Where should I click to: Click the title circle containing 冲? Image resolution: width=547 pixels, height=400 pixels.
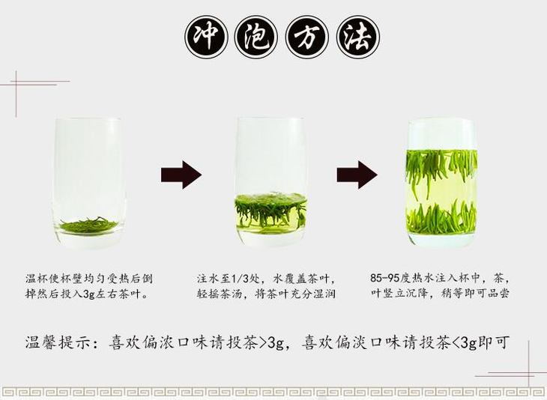[206, 37]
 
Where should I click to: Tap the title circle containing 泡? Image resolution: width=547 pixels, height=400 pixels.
[257, 37]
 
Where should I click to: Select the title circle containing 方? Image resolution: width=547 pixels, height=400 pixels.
[307, 37]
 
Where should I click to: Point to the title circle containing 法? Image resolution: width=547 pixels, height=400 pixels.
[358, 37]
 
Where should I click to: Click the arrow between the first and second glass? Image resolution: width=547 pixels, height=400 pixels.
[181, 175]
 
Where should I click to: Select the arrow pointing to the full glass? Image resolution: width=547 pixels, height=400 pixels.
[357, 175]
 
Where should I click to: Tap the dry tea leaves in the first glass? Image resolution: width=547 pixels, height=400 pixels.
[89, 225]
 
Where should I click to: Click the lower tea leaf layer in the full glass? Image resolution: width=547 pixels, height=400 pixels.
[441, 218]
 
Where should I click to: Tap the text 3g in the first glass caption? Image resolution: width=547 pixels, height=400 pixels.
[89, 294]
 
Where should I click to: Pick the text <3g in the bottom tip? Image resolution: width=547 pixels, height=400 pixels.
[465, 342]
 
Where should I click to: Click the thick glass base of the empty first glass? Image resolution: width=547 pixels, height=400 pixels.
[89, 239]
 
